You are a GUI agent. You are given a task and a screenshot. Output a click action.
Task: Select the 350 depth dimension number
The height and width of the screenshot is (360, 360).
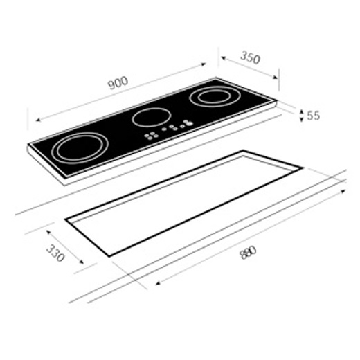click(250, 58)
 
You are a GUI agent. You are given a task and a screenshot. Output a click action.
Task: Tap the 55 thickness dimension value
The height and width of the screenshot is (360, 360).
click(313, 116)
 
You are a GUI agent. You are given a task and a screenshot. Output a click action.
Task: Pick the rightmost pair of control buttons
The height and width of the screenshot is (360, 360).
click(186, 125)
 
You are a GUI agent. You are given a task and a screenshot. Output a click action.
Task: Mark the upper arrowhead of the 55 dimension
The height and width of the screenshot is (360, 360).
click(301, 108)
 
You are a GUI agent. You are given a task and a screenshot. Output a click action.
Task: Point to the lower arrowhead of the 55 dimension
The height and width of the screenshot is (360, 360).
click(301, 122)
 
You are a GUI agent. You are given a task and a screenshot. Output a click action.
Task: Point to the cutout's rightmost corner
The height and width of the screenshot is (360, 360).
click(303, 168)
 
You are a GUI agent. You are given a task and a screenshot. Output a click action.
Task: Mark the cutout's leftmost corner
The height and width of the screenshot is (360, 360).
click(66, 220)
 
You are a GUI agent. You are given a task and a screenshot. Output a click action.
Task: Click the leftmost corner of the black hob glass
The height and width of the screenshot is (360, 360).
click(29, 146)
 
